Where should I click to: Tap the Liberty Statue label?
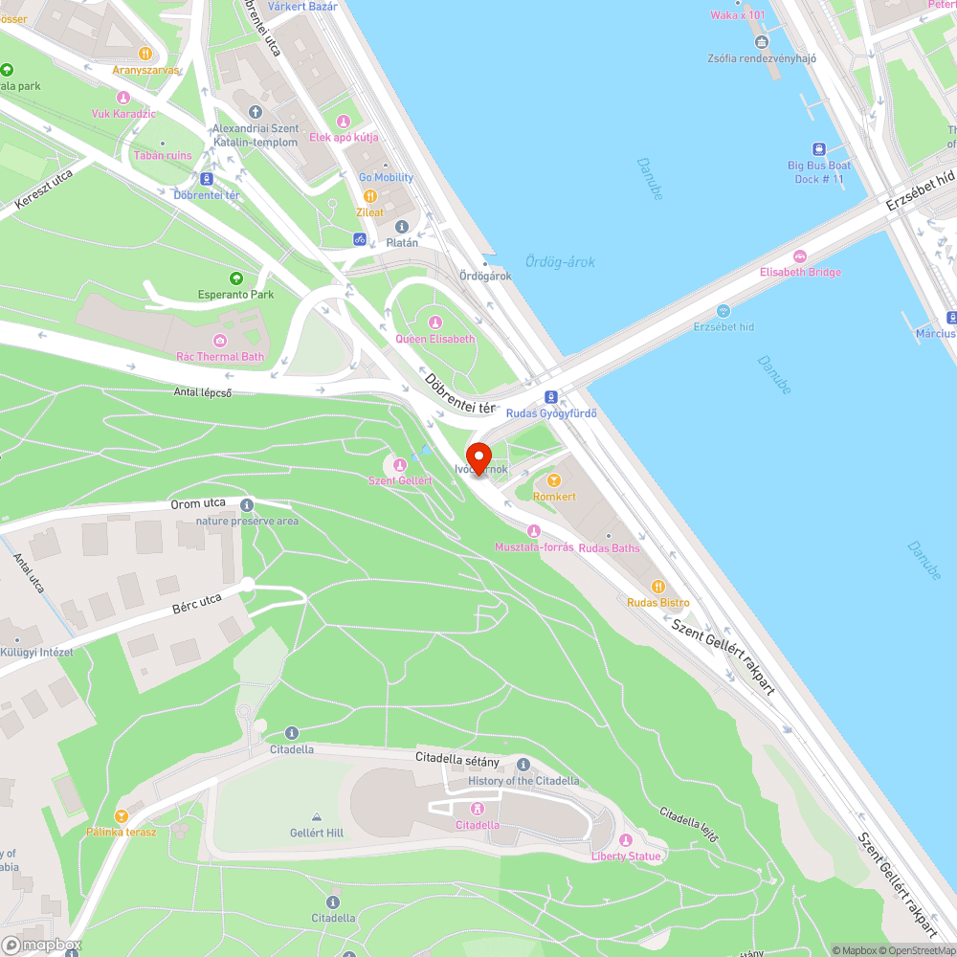pyautogui.click(x=626, y=856)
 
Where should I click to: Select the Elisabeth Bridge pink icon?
pyautogui.click(x=799, y=256)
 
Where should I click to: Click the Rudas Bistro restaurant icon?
pyautogui.click(x=657, y=587)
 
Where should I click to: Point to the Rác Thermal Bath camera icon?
pyautogui.click(x=220, y=341)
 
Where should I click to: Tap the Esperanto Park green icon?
pyautogui.click(x=235, y=278)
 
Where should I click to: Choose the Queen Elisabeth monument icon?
pyautogui.click(x=435, y=323)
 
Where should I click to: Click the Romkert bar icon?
pyautogui.click(x=553, y=480)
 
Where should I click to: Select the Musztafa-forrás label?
pyautogui.click(x=533, y=547)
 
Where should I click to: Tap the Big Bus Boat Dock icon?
pyautogui.click(x=819, y=149)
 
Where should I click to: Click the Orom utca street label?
pyautogui.click(x=198, y=503)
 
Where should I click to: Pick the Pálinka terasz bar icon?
pyautogui.click(x=121, y=815)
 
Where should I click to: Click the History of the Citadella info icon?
pyautogui.click(x=523, y=765)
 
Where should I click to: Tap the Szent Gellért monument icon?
pyautogui.click(x=400, y=464)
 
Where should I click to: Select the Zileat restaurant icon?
pyautogui.click(x=369, y=195)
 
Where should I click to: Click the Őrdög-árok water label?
pyautogui.click(x=560, y=261)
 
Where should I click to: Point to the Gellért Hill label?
pyautogui.click(x=316, y=833)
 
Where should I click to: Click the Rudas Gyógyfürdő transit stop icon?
pyautogui.click(x=550, y=397)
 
